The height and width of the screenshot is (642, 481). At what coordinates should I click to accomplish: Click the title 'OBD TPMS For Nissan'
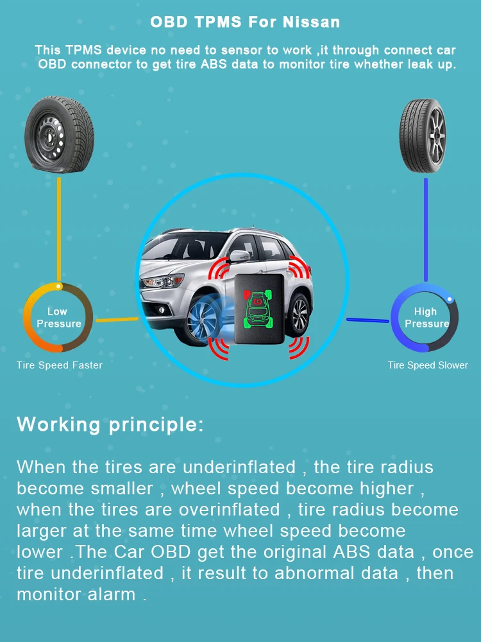click(x=245, y=22)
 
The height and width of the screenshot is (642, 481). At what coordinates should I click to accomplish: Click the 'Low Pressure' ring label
click(x=58, y=318)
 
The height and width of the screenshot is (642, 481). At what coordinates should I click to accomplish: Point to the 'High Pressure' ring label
click(x=425, y=318)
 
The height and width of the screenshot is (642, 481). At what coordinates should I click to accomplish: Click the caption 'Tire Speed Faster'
click(x=60, y=365)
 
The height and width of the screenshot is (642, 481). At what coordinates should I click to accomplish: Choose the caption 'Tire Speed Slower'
click(x=428, y=365)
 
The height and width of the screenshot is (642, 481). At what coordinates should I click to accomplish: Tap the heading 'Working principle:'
click(x=110, y=424)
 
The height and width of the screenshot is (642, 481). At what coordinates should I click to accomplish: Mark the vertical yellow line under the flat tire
click(x=59, y=228)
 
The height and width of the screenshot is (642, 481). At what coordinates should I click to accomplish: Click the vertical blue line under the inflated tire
click(x=425, y=228)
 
